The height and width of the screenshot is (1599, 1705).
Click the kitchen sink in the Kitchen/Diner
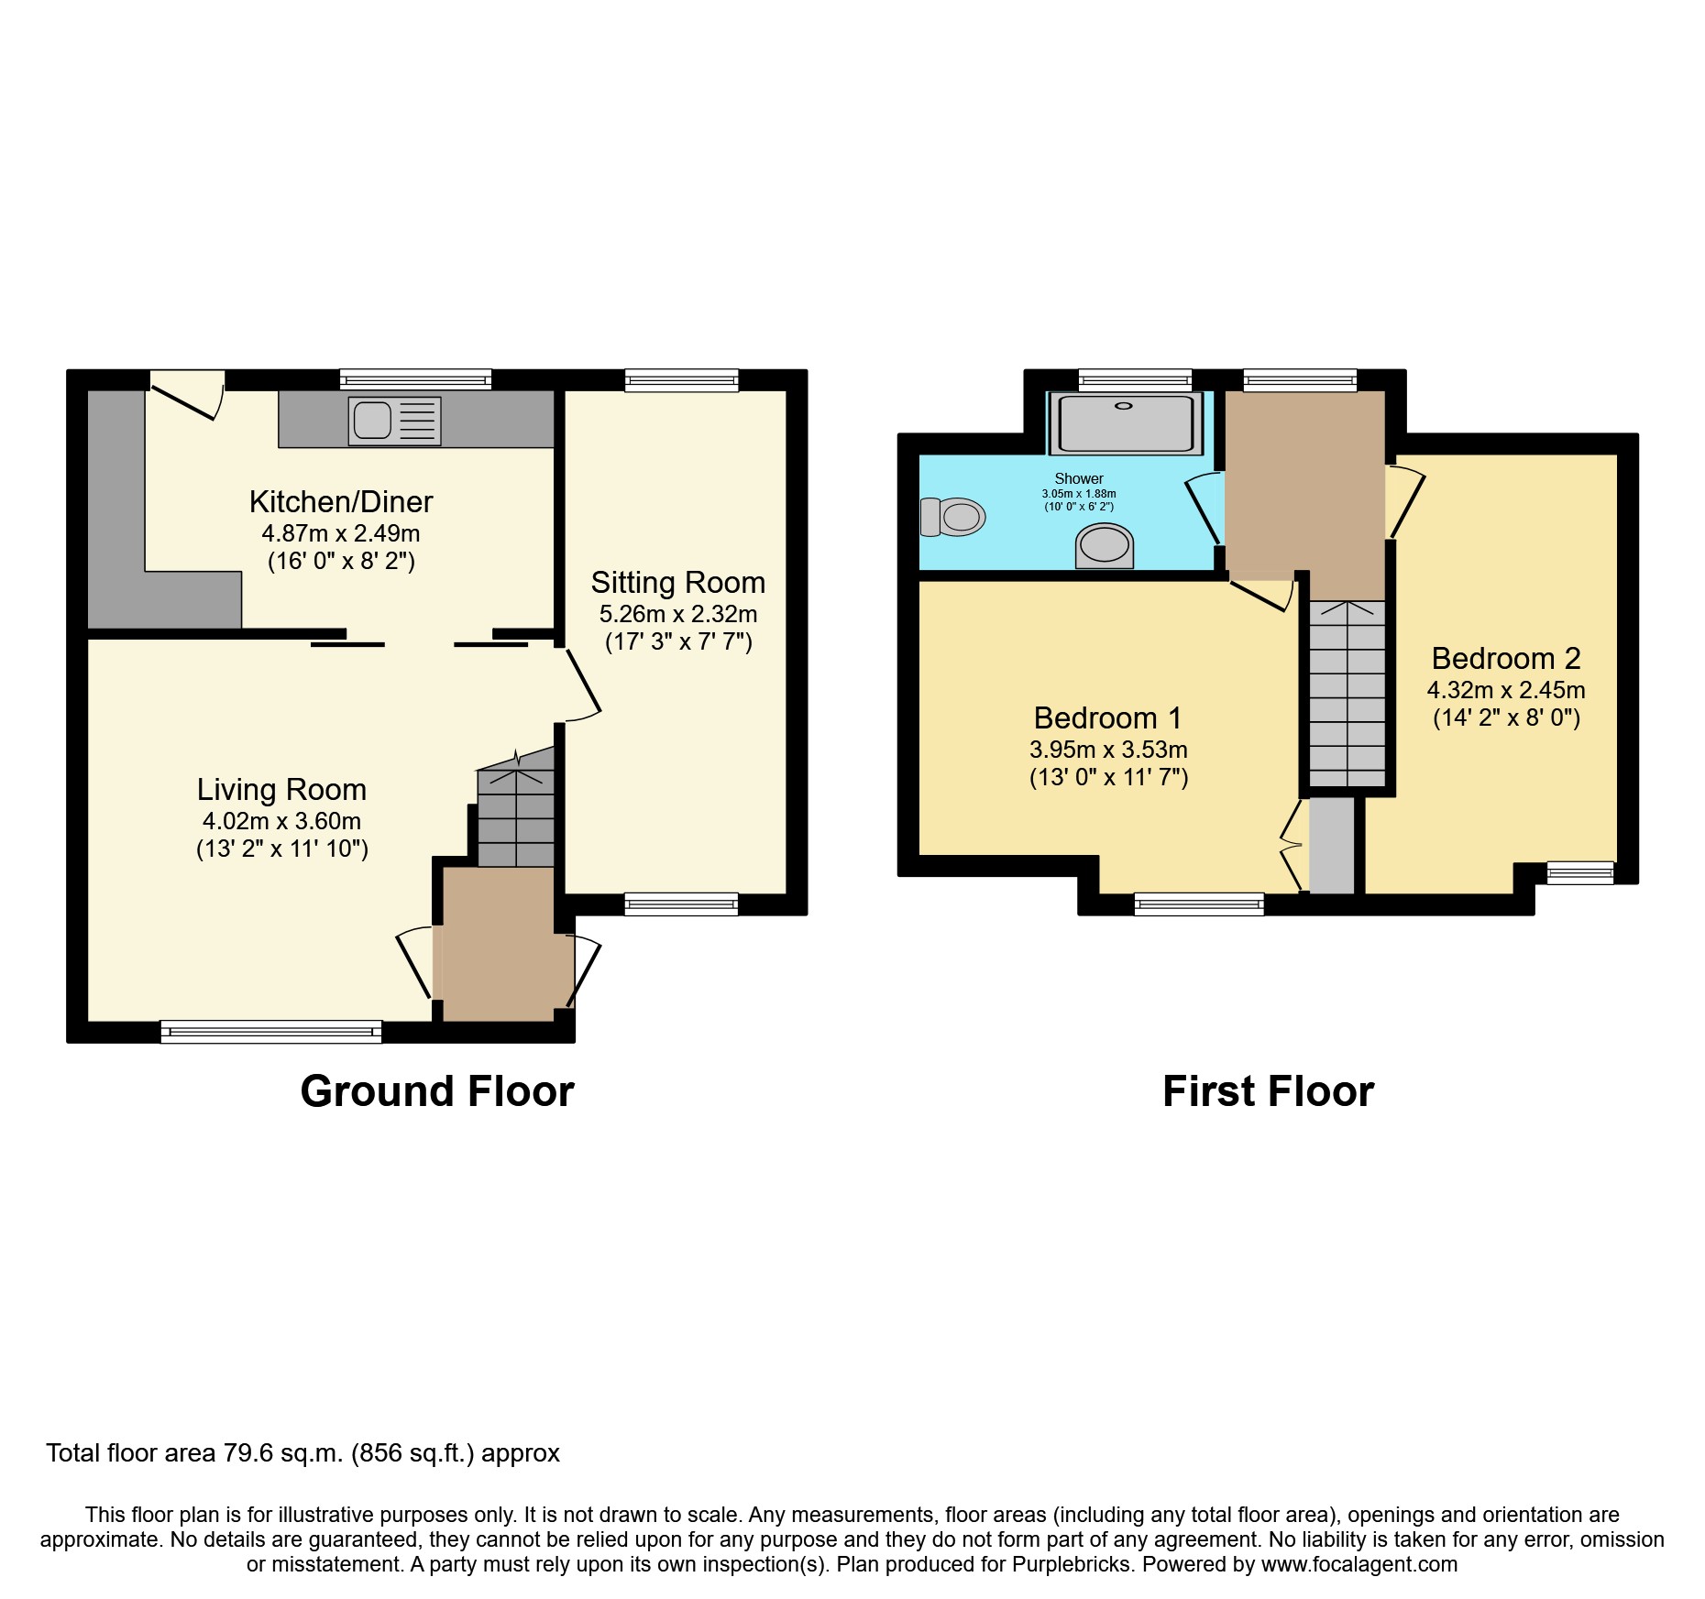(x=395, y=422)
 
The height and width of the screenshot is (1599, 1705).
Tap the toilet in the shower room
(x=953, y=518)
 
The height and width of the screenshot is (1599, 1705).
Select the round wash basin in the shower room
(x=1105, y=545)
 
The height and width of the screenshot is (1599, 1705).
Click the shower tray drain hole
(x=1124, y=406)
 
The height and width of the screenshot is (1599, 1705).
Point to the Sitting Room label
(x=677, y=583)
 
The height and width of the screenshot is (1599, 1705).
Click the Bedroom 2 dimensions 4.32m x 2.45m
(x=1506, y=690)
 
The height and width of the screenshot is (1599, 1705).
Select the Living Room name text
(x=281, y=790)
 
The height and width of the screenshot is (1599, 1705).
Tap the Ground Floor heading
(x=437, y=1092)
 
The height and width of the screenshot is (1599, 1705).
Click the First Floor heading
(x=1268, y=1092)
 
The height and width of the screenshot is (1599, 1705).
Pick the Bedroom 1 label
(x=1107, y=718)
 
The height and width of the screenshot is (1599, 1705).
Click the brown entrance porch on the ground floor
(x=500, y=944)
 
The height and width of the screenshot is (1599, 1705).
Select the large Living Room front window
(x=271, y=1032)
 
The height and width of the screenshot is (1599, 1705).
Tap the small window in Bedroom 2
(x=1580, y=872)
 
